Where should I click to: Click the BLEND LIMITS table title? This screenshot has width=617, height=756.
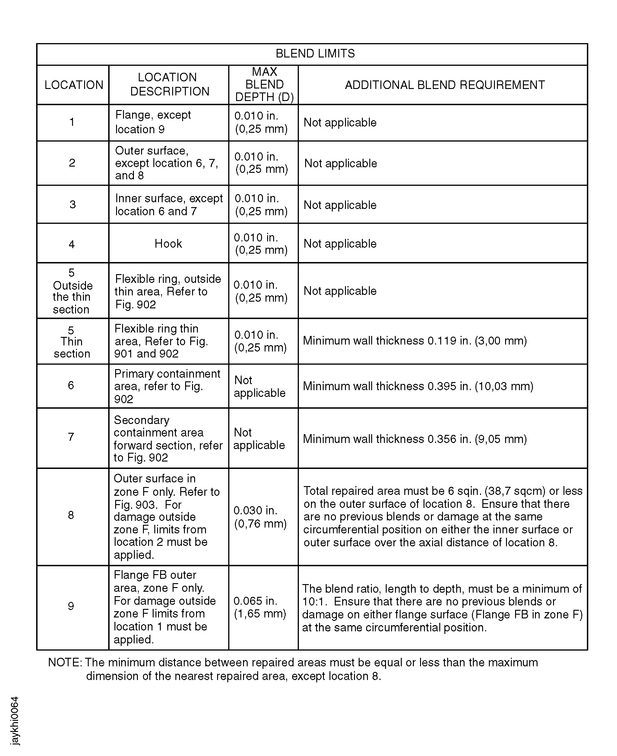click(x=315, y=54)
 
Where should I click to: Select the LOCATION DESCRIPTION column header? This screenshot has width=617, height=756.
click(x=169, y=84)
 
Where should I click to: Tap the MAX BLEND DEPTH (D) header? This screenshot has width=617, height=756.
click(x=264, y=85)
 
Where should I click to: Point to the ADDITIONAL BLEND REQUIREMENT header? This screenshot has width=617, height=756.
click(x=445, y=85)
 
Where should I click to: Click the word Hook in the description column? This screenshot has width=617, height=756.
click(x=168, y=244)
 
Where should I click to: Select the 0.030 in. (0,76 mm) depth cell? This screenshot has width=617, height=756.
click(x=260, y=517)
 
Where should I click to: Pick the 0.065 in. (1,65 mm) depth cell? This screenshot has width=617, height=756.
click(x=260, y=607)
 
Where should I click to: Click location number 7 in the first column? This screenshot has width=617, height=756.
click(x=71, y=437)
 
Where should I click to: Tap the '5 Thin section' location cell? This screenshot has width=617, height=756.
click(x=72, y=342)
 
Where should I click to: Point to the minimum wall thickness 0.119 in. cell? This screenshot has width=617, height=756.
click(x=415, y=341)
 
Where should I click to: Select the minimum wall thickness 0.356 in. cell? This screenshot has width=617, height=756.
click(x=415, y=439)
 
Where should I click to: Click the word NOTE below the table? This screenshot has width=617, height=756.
click(x=64, y=663)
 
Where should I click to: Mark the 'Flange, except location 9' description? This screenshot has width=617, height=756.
click(x=153, y=122)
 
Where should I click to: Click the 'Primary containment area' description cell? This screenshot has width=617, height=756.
click(x=167, y=386)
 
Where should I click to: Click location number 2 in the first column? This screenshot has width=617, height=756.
click(x=72, y=163)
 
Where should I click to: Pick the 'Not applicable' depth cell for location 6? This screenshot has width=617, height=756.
click(x=259, y=386)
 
